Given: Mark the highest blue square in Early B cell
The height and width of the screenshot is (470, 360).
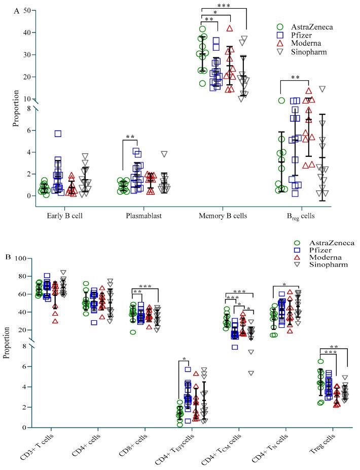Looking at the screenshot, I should coord(58,133).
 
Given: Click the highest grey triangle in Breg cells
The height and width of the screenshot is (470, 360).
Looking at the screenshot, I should coord(321,89).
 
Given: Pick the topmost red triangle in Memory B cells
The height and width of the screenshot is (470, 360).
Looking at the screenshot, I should coord(230,28).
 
